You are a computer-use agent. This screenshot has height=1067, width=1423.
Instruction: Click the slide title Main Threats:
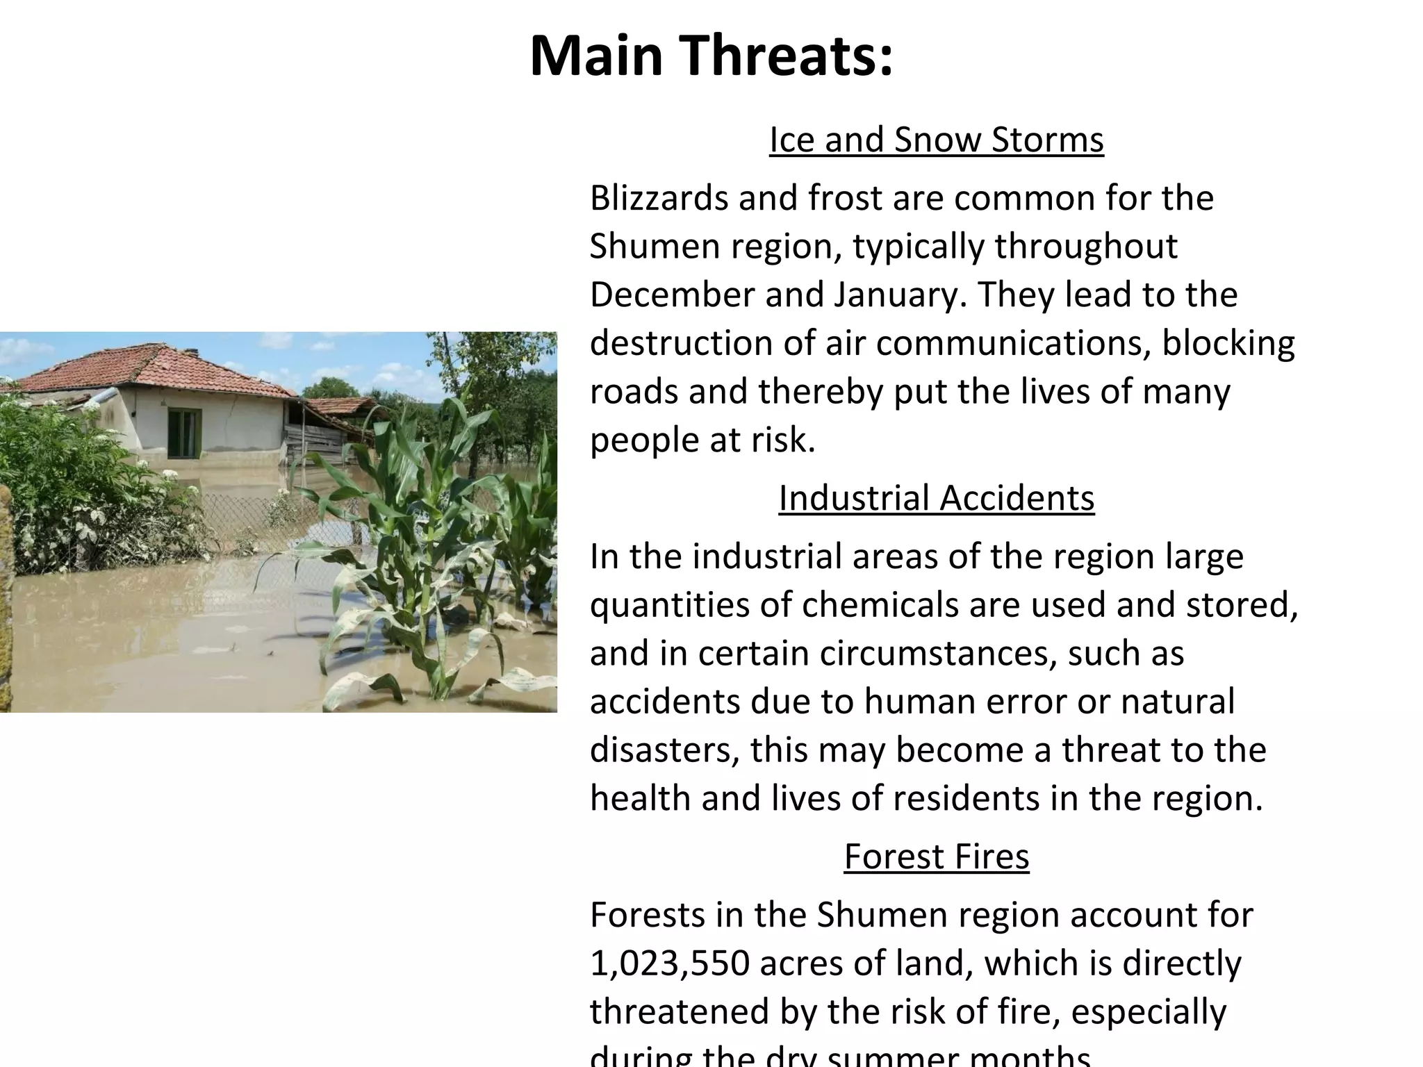(711, 56)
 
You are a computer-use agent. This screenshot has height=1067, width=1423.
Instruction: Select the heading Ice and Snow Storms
(936, 140)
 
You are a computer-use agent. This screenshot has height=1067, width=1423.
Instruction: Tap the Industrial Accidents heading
(936, 498)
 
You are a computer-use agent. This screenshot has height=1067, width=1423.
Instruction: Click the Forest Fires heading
(936, 857)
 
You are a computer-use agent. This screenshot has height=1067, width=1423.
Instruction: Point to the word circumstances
(937, 654)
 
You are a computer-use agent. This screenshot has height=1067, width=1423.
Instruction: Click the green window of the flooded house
(183, 433)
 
